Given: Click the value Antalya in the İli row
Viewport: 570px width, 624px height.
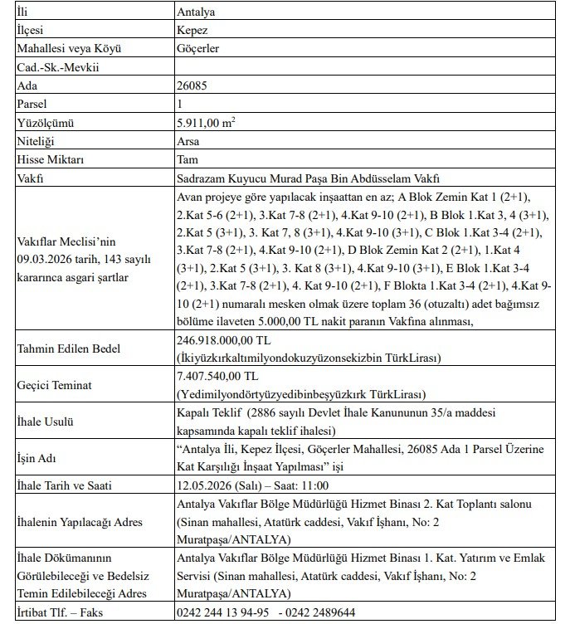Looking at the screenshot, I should [197, 12].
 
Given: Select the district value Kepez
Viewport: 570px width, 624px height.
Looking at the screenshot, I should [193, 31].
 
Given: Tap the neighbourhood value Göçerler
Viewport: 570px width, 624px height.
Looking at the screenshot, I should [198, 49].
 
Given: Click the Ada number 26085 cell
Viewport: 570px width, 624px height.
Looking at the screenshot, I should [192, 85].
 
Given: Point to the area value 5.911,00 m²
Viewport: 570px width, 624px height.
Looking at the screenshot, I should [205, 122].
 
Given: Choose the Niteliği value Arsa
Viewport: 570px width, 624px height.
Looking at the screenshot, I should [189, 141].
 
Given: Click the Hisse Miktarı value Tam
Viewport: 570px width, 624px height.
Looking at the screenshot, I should [188, 159].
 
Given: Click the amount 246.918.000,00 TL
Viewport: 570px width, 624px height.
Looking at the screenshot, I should [224, 340].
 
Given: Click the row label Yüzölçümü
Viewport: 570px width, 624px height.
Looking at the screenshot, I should [46, 123].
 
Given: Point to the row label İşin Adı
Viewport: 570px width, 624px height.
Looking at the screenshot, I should [40, 457].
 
